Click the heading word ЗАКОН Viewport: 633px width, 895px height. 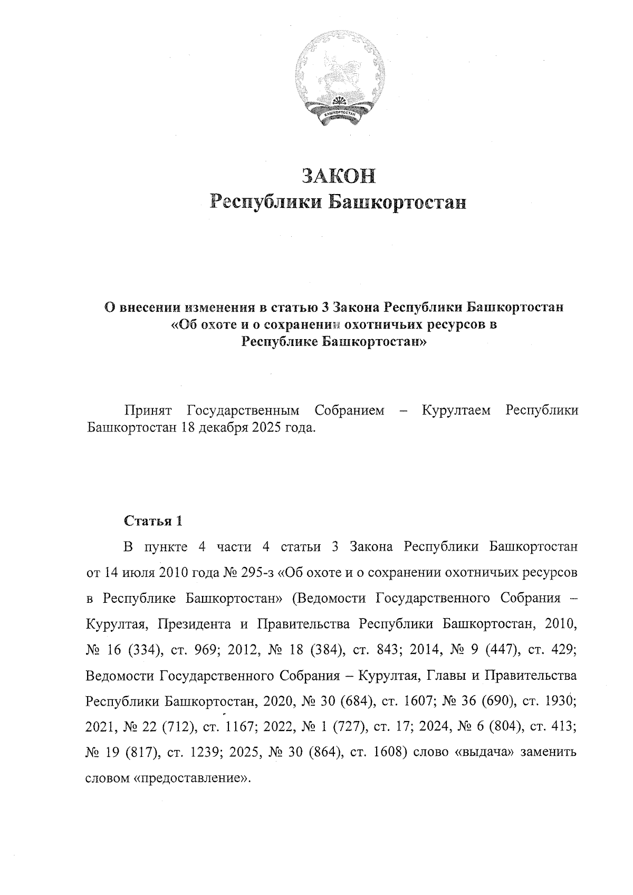338,176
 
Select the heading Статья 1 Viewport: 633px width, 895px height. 153,521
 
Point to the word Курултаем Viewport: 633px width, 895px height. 457,410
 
